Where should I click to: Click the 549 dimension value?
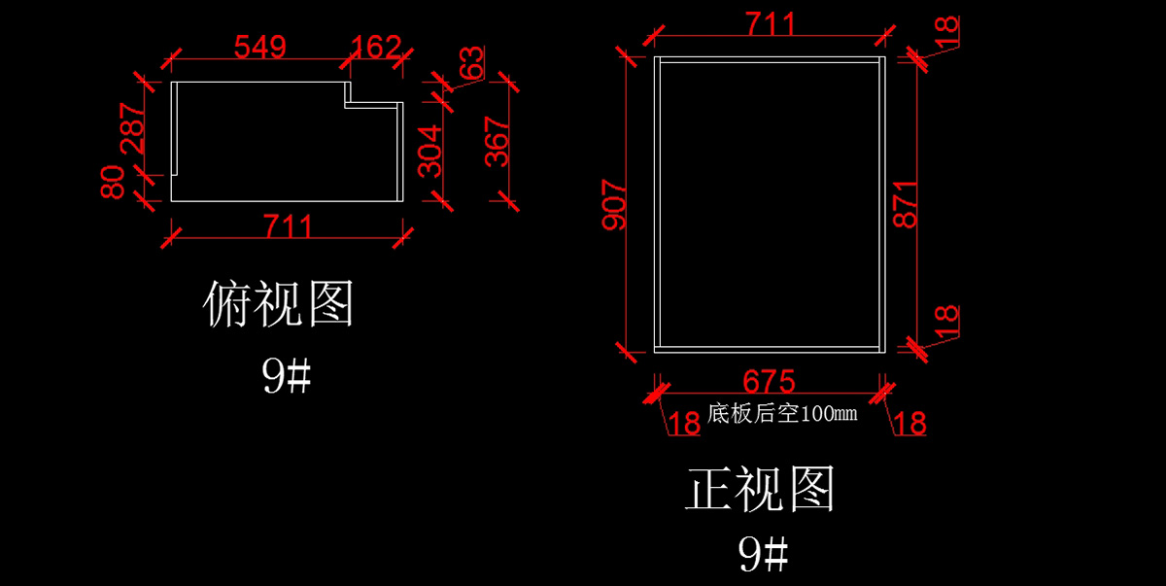point(259,47)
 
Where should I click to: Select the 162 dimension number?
point(376,47)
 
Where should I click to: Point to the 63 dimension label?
point(471,64)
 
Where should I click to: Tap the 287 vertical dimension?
point(133,129)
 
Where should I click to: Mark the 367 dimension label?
point(497,142)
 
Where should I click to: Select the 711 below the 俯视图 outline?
point(289,227)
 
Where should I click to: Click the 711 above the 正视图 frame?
point(769,23)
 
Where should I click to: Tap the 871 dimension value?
point(906,204)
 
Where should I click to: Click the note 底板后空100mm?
point(782,414)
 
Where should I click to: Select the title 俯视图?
point(279,304)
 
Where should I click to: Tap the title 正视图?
point(761,489)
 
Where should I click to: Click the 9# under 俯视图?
point(286,376)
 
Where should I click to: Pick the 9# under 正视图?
point(763,555)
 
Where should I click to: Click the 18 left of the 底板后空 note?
point(684,423)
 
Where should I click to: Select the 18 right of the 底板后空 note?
point(909,423)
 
